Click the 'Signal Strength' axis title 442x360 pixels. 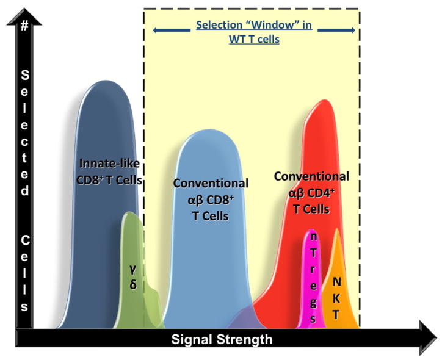[222, 339]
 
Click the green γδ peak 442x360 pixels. [131, 244]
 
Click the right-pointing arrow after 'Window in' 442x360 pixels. [343, 28]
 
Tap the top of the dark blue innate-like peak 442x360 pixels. [106, 84]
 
